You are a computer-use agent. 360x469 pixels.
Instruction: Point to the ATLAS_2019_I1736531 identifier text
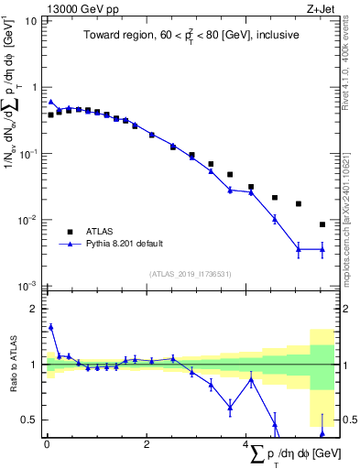(190, 274)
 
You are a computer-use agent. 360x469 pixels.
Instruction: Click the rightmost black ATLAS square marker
(322, 224)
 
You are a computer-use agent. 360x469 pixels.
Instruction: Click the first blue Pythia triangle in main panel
(51, 103)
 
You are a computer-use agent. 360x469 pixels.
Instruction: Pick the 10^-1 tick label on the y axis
(27, 154)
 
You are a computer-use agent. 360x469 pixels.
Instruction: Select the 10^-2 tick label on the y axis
(27, 221)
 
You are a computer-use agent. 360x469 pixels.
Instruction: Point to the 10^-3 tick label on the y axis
(27, 287)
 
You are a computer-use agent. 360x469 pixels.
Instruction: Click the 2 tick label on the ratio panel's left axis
(35, 309)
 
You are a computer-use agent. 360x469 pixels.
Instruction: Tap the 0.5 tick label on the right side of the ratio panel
(348, 420)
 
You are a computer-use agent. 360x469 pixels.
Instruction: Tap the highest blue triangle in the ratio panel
(51, 326)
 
